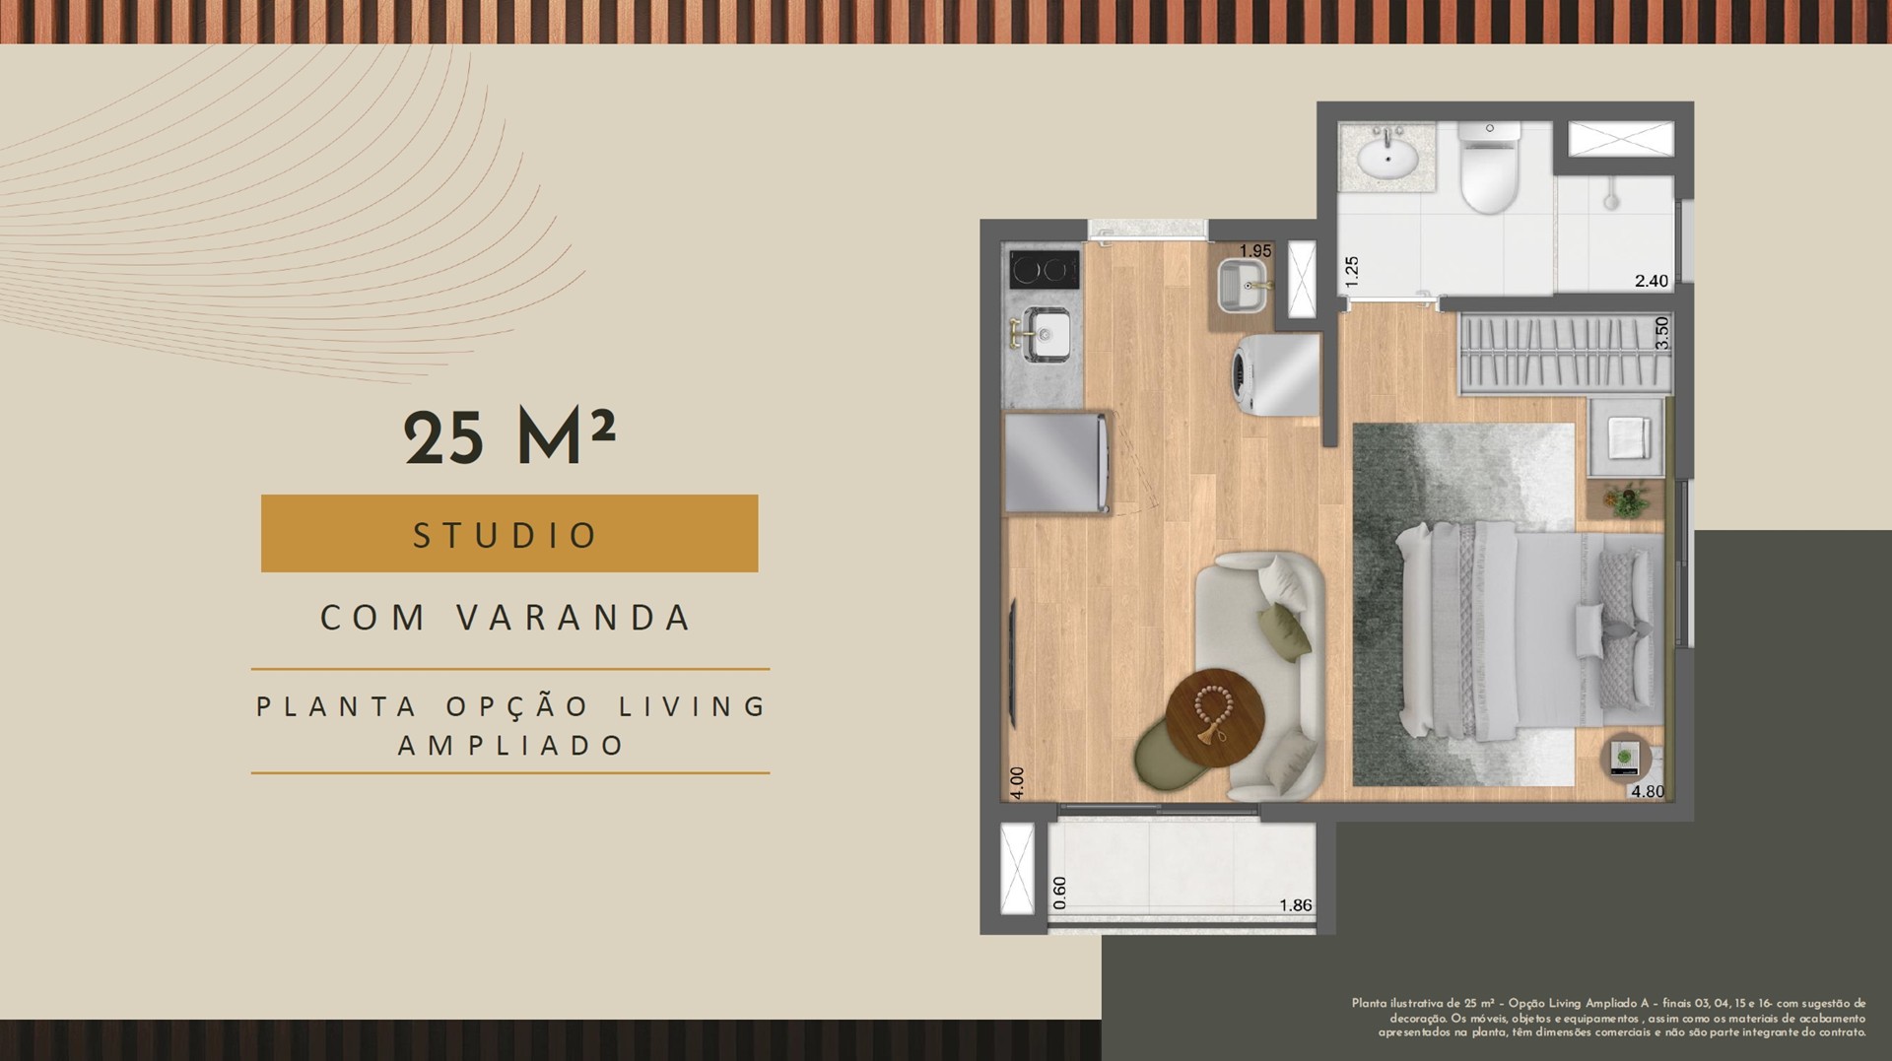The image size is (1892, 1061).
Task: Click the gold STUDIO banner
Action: (509, 533)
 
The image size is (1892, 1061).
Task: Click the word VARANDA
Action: (574, 618)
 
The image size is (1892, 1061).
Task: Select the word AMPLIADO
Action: (510, 745)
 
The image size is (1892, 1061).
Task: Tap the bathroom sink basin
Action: (1387, 158)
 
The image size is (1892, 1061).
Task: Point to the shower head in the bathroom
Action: (1610, 197)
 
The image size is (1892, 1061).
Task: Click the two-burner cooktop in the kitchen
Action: (1044, 269)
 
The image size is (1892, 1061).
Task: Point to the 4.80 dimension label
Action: (1648, 791)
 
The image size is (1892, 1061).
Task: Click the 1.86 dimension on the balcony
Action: (1295, 905)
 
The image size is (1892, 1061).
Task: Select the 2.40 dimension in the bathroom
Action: (1652, 281)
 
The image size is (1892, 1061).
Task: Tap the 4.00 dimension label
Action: (1018, 782)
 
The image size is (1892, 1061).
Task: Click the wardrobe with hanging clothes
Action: (1564, 353)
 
